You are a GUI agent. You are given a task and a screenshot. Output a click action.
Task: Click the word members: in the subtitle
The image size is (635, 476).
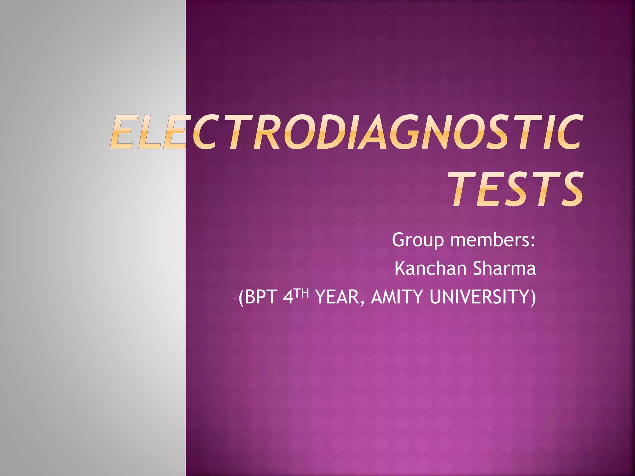pos(493,240)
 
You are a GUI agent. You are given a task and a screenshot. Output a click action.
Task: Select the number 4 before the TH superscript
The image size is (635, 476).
pos(288,297)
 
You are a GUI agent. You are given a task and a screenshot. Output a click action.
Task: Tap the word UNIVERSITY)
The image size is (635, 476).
pos(482,297)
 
